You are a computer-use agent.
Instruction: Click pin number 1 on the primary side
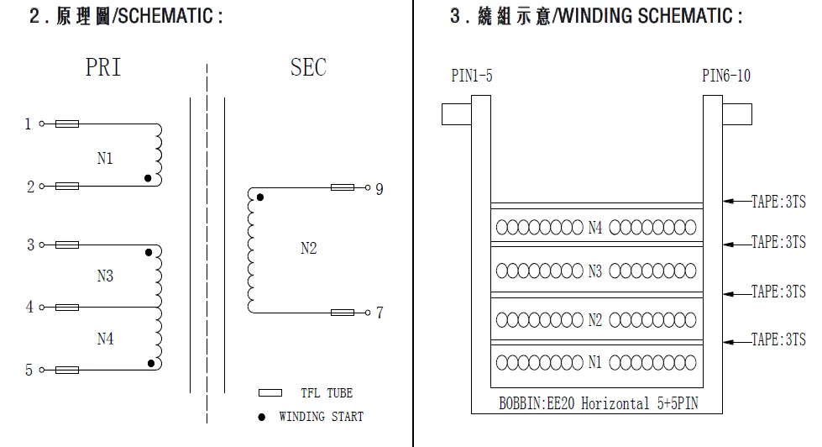tap(27, 124)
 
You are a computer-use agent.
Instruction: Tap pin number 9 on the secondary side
tap(379, 188)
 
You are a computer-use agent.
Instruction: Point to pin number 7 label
tap(379, 313)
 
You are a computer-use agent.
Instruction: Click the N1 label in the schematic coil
tap(104, 159)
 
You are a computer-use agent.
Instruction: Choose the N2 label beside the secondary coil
tap(308, 249)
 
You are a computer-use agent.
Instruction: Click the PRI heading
tap(103, 68)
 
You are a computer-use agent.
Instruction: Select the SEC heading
tap(308, 68)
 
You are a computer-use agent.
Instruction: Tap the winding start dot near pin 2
tap(149, 178)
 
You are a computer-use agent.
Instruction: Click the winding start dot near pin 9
tap(259, 197)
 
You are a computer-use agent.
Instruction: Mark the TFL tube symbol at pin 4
tap(67, 308)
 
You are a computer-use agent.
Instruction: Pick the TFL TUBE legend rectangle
tap(270, 392)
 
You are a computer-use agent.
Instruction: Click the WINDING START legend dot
tap(261, 417)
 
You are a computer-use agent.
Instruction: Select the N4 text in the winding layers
tap(594, 227)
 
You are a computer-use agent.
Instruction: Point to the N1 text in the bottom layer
tap(594, 363)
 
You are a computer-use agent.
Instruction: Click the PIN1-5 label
tap(472, 76)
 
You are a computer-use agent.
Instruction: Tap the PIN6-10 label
tap(726, 76)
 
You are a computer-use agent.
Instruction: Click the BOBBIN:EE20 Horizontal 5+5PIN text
tap(598, 403)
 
